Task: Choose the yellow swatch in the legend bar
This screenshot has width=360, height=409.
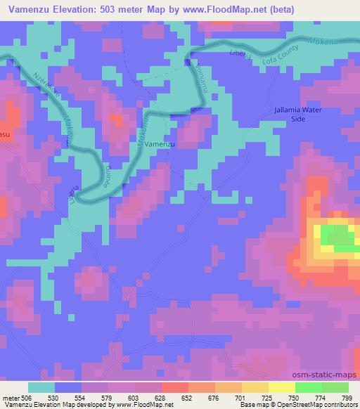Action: click(x=281, y=387)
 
